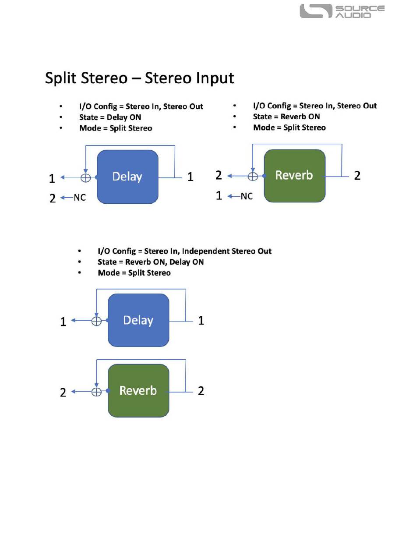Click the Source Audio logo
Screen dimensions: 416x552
tap(342, 11)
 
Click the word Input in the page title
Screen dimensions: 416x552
tap(215, 78)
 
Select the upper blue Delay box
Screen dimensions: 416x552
tap(127, 177)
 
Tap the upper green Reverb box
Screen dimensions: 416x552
tap(294, 176)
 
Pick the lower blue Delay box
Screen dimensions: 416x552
tap(138, 320)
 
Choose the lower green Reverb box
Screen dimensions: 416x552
tap(138, 390)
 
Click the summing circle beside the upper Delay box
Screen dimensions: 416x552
tap(85, 178)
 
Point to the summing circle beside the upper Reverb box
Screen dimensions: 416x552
tap(253, 176)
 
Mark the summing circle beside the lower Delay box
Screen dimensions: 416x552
tap(96, 321)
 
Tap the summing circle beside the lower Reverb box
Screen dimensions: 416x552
tap(96, 392)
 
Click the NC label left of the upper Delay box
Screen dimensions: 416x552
tap(80, 198)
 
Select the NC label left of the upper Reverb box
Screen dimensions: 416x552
tap(247, 196)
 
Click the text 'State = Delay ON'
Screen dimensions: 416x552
tap(110, 117)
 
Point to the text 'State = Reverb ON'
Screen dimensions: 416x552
tap(286, 117)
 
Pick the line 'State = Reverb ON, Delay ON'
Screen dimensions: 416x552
tap(151, 262)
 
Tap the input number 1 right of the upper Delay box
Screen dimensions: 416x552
tap(190, 177)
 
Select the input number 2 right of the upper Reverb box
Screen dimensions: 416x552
tap(357, 176)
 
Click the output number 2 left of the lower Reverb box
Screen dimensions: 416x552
tap(63, 393)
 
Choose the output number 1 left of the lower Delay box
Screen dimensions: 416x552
tap(63, 322)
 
